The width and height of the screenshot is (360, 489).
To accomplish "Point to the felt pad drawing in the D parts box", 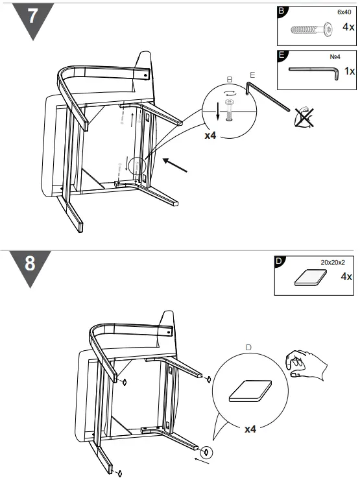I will click(309, 278).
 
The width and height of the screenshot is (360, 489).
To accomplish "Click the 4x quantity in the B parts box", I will click(348, 27).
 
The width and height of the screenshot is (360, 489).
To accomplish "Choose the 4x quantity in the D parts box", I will click(346, 277).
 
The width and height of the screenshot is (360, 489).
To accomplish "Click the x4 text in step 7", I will click(210, 137).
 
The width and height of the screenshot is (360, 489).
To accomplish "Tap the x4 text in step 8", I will click(250, 430).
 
